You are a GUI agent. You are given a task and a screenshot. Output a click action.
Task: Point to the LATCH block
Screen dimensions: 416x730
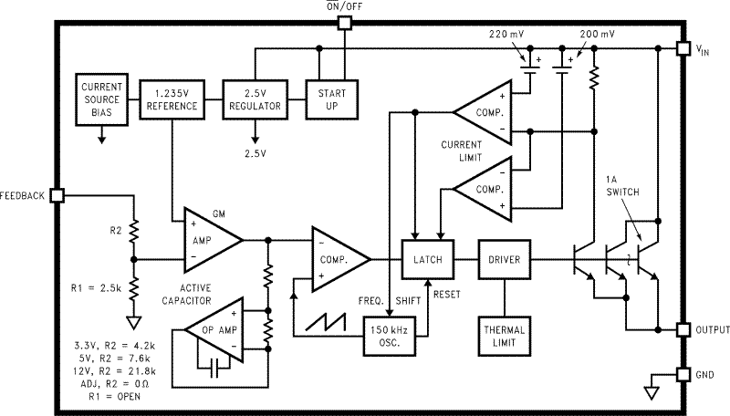[x=428, y=259]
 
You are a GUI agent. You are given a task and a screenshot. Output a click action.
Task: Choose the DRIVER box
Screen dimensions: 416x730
[x=505, y=259]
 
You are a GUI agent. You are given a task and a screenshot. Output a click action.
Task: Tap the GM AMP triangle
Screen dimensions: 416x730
[x=206, y=240]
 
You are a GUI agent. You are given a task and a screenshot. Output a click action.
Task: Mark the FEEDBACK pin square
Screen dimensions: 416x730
[x=57, y=195]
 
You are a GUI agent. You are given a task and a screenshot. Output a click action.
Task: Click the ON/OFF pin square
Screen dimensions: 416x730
[x=343, y=23]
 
